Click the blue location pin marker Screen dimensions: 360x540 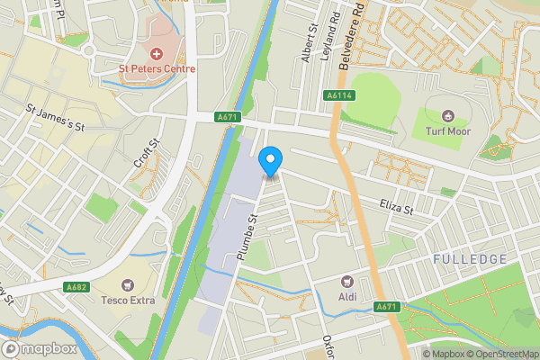[269, 161]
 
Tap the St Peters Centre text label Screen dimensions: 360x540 [152, 67]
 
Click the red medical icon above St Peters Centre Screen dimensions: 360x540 [152, 53]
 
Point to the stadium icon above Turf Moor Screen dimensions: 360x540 [447, 115]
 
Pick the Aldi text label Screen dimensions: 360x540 [347, 296]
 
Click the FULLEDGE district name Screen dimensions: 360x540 [469, 259]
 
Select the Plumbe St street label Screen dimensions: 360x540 [247, 238]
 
